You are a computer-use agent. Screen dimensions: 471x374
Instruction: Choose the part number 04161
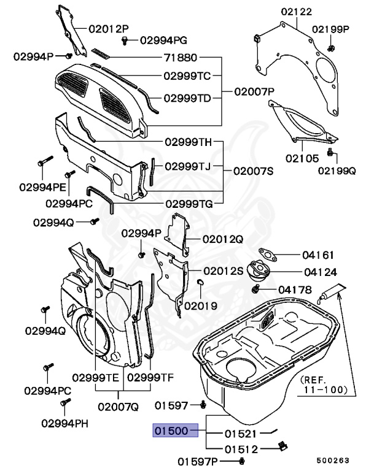pos(318,253)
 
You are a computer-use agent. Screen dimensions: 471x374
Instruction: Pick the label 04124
pos(318,271)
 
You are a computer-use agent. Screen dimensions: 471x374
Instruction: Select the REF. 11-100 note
pos(324,385)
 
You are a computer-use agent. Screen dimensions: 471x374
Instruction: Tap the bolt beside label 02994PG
pos(125,40)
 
